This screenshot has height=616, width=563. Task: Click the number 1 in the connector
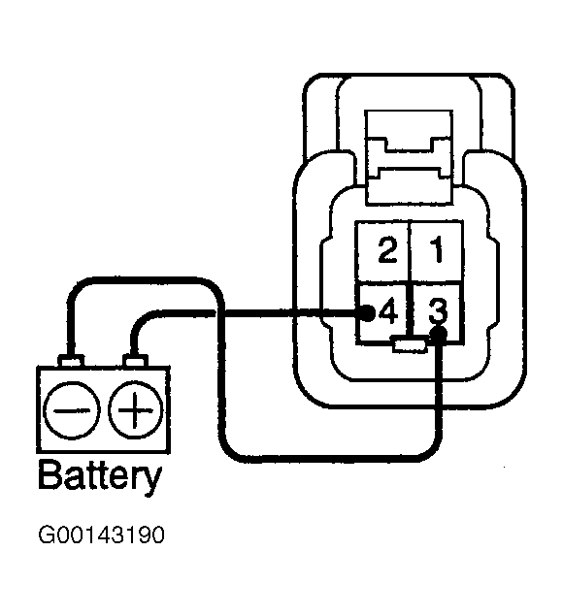tap(437, 249)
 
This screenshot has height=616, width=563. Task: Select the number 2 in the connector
tap(387, 250)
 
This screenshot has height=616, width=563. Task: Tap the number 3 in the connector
tap(438, 310)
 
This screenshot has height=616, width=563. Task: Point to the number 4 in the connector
tap(388, 311)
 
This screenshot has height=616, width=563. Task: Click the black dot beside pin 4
tap(366, 313)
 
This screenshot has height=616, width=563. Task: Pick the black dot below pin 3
tap(438, 335)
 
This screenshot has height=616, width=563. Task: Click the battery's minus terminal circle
tap(71, 410)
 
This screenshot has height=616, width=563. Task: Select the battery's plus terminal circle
tap(135, 410)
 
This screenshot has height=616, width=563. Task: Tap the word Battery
tap(100, 476)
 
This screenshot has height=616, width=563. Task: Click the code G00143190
tap(101, 535)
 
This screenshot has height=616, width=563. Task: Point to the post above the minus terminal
tap(71, 361)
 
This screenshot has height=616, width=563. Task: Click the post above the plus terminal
tap(135, 361)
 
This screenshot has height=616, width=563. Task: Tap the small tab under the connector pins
tap(410, 345)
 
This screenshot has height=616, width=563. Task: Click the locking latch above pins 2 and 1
tap(409, 157)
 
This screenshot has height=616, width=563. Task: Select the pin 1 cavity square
tap(436, 251)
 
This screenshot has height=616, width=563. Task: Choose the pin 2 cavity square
tap(382, 251)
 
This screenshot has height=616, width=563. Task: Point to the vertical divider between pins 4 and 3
tap(410, 310)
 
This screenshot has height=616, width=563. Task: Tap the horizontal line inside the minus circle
tap(71, 411)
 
